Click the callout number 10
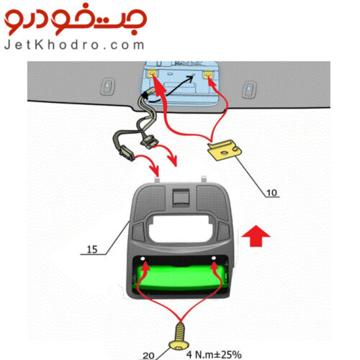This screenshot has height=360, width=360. [271, 193]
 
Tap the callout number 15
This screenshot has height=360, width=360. [92, 250]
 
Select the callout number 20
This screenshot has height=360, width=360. [148, 356]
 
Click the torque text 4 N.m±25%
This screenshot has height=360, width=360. [214, 354]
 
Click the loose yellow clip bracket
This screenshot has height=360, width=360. [225, 150]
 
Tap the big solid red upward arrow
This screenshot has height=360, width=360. [256, 236]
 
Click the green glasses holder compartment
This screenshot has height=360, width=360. [181, 277]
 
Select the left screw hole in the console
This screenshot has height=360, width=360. [143, 259]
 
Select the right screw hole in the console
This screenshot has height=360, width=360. [214, 258]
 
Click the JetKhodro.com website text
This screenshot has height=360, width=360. [74, 45]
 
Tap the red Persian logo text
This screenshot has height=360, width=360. [76, 19]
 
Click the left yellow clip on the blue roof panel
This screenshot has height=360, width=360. [152, 73]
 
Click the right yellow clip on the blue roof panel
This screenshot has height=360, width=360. [208, 75]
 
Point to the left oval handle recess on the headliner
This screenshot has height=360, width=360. [107, 86]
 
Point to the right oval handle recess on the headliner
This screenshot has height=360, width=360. [249, 89]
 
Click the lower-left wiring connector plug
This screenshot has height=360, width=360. [127, 153]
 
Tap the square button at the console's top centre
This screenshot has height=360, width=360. [181, 197]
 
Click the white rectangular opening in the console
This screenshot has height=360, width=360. [181, 228]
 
